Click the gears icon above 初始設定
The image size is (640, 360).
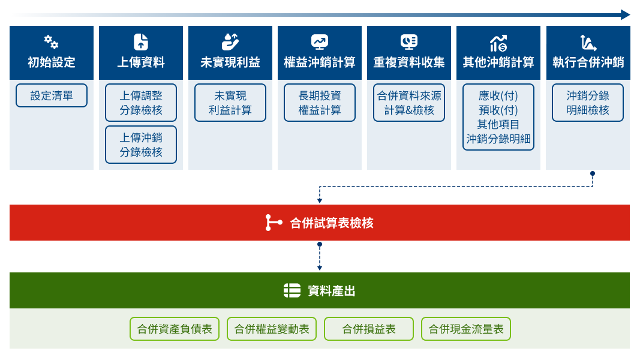point(52,41)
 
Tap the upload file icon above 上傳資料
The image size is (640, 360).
point(141,42)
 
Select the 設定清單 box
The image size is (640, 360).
point(52,95)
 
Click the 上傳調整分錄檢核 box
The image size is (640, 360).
point(141,103)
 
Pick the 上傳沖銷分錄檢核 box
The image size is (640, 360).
point(141,145)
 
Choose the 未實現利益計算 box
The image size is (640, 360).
point(230,103)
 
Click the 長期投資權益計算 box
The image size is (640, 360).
point(320,103)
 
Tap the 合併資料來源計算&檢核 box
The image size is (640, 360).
point(409,103)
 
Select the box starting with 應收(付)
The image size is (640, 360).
point(498,117)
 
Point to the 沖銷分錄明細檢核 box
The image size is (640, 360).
point(588,103)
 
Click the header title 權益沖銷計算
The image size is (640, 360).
point(320,62)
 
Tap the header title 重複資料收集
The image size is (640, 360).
point(409,62)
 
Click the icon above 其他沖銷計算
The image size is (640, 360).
point(498,43)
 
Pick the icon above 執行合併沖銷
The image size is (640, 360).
point(588,43)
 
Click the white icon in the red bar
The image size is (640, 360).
point(274,223)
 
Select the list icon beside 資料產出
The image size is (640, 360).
point(292,290)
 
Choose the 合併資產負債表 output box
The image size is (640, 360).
point(175,329)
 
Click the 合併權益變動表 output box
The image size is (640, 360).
point(272,329)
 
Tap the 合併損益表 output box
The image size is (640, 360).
point(369,329)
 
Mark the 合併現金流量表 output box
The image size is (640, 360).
point(466,329)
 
